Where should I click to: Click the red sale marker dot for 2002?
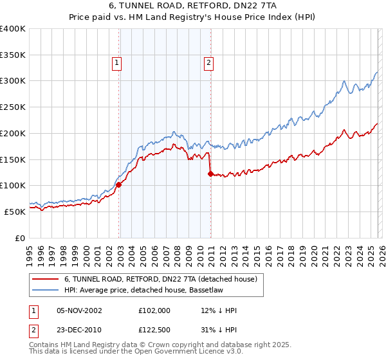tap(119, 184)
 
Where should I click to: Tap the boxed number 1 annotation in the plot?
tap(116, 62)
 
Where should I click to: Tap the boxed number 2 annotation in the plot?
tap(210, 62)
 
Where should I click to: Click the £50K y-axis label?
tap(14, 211)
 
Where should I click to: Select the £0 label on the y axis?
tap(21, 237)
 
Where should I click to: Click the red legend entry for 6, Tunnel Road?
tap(160, 279)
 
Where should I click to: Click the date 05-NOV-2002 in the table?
tap(79, 310)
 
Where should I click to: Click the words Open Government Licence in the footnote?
tap(173, 353)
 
